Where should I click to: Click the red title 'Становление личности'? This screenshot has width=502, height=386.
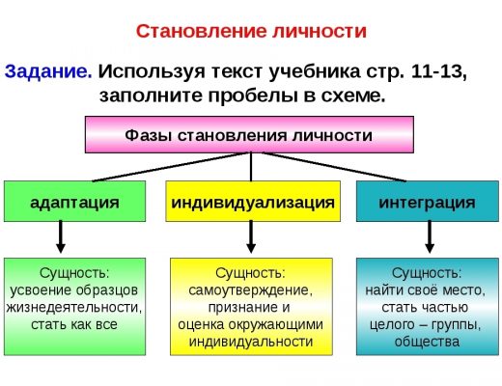251,32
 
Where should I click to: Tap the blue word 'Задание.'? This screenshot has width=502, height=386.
48,71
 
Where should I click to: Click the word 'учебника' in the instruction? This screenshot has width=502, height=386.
315,72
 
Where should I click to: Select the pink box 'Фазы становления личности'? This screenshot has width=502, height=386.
249,134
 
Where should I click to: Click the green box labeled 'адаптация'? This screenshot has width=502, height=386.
74,202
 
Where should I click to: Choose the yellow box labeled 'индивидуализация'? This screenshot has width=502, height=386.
253,202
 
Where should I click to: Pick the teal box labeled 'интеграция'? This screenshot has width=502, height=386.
428,202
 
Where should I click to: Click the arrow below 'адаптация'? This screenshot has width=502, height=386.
61,236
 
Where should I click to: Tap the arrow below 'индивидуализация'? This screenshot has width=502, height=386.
251,236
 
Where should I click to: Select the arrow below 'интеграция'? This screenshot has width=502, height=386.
430,236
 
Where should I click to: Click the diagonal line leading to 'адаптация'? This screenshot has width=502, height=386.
166,167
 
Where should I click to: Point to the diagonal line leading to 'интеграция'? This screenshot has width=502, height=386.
334,167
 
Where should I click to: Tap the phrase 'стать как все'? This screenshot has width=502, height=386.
74,324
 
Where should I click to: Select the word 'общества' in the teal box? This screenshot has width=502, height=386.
427,342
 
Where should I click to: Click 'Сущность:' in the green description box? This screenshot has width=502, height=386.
74,273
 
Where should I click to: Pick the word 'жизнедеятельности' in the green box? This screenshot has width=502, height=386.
73,307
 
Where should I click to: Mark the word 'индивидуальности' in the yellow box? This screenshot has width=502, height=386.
251,342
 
